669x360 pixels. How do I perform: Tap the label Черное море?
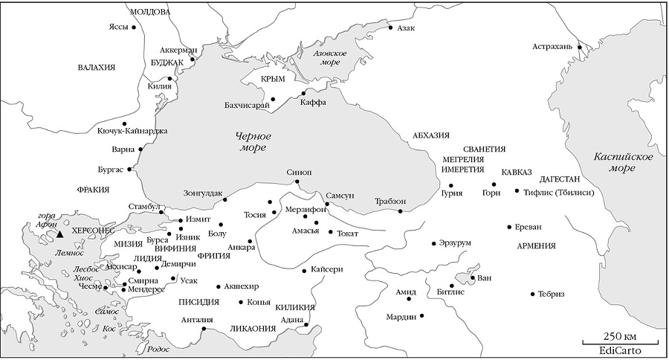[253, 143]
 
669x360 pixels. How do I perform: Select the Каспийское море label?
[623, 162]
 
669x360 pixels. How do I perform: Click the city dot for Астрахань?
[580, 47]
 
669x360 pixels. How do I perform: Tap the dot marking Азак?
[390, 28]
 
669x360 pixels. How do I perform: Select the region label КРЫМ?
[273, 79]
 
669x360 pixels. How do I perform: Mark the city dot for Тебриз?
[532, 294]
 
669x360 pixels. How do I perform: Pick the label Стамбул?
[143, 206]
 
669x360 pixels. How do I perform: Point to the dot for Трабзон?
[400, 211]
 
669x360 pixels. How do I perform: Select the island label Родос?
[159, 348]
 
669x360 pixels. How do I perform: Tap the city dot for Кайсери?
[304, 270]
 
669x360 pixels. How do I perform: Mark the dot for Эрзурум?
[433, 243]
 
